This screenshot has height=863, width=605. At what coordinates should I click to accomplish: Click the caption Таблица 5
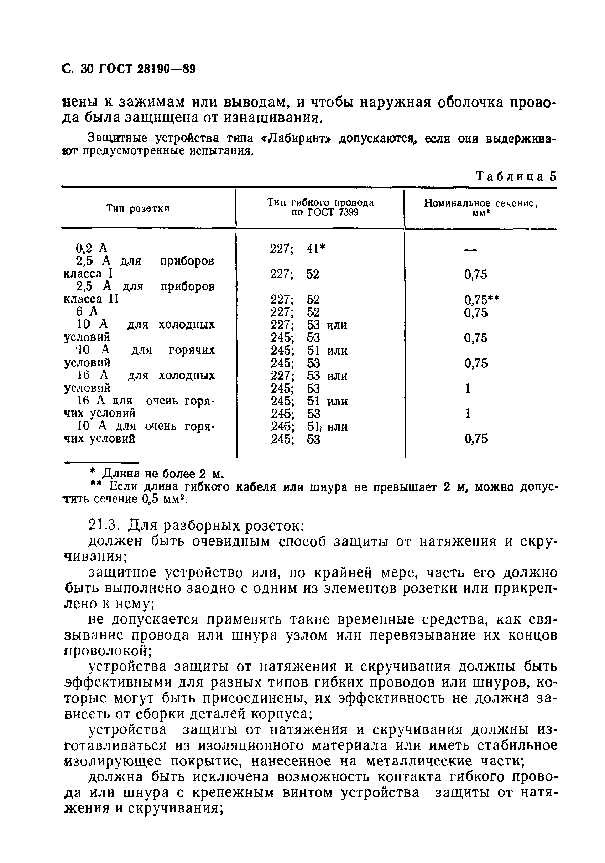click(516, 176)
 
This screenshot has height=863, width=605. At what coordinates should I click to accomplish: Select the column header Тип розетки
click(138, 208)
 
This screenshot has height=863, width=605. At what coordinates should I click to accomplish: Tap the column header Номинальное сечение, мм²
click(481, 207)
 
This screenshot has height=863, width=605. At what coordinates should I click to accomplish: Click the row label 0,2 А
click(92, 248)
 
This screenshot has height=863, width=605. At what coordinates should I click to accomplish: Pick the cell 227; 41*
click(297, 248)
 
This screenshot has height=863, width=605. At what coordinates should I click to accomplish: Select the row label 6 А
click(87, 311)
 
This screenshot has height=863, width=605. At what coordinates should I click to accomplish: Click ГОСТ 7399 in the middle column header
click(325, 213)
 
